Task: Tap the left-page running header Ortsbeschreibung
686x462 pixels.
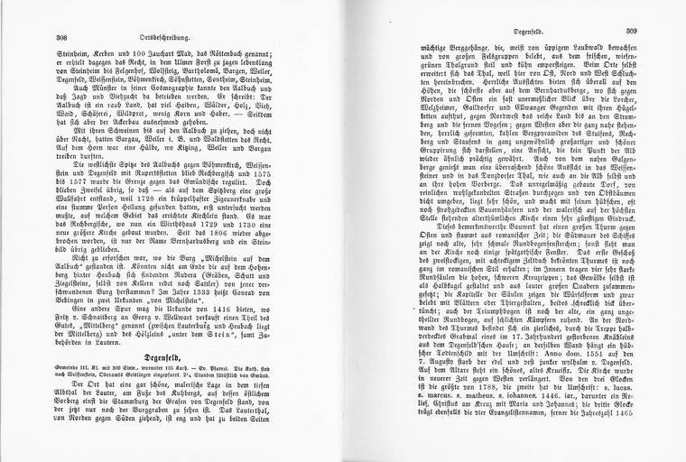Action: (186, 38)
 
